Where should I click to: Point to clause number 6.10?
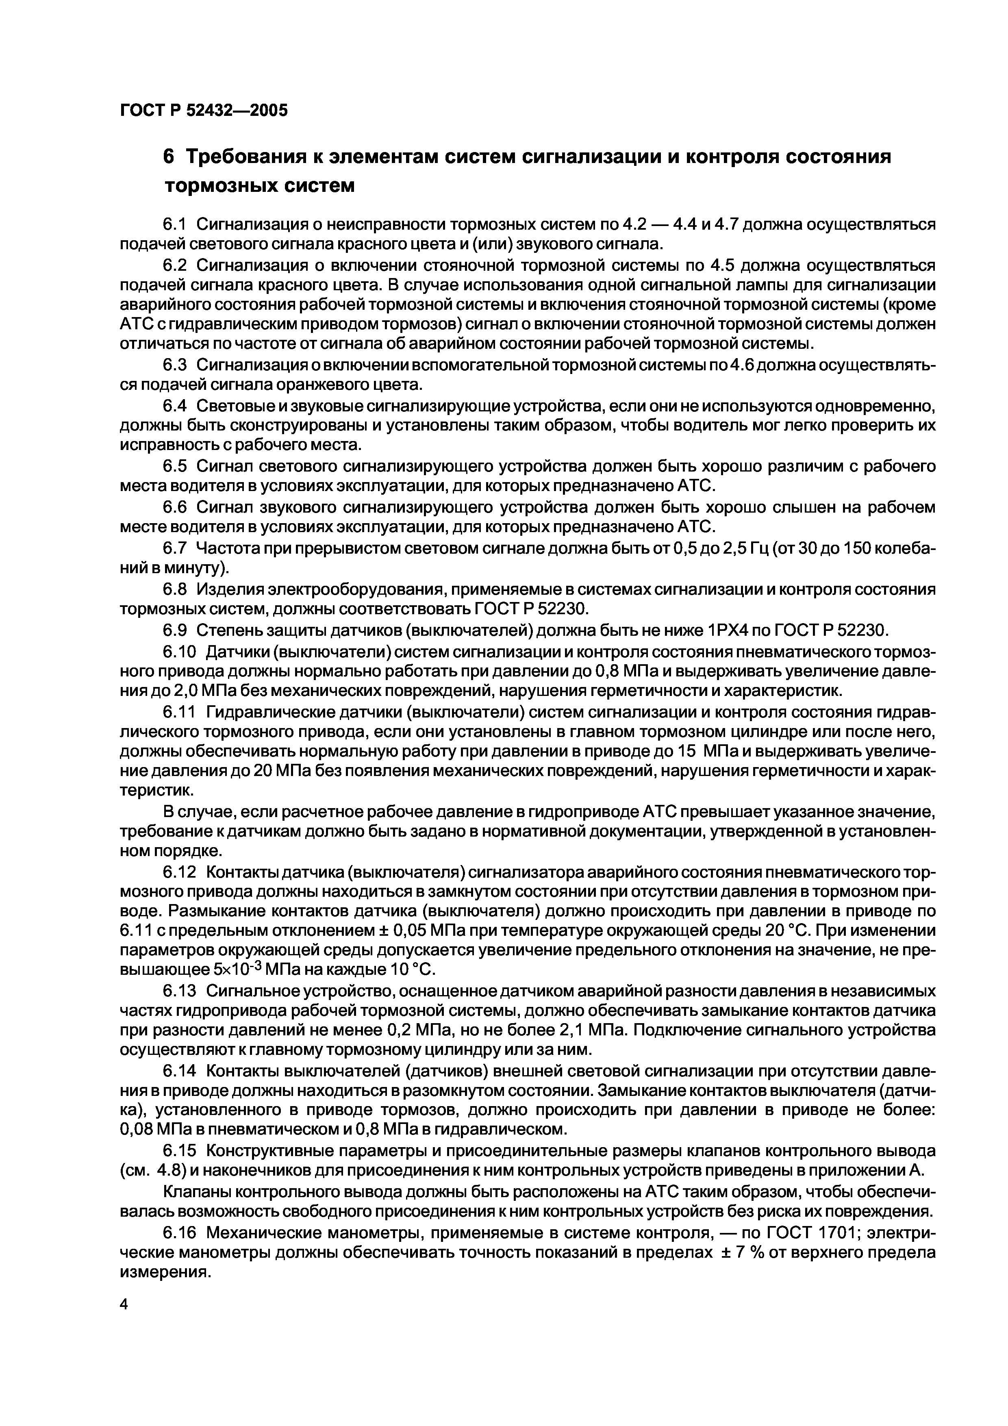[180, 652]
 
